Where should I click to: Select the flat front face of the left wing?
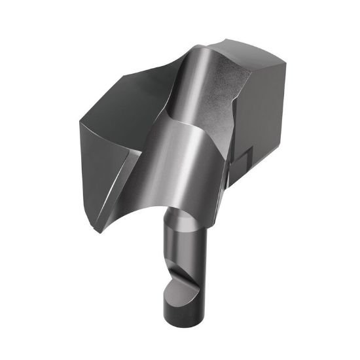click(x=108, y=164)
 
